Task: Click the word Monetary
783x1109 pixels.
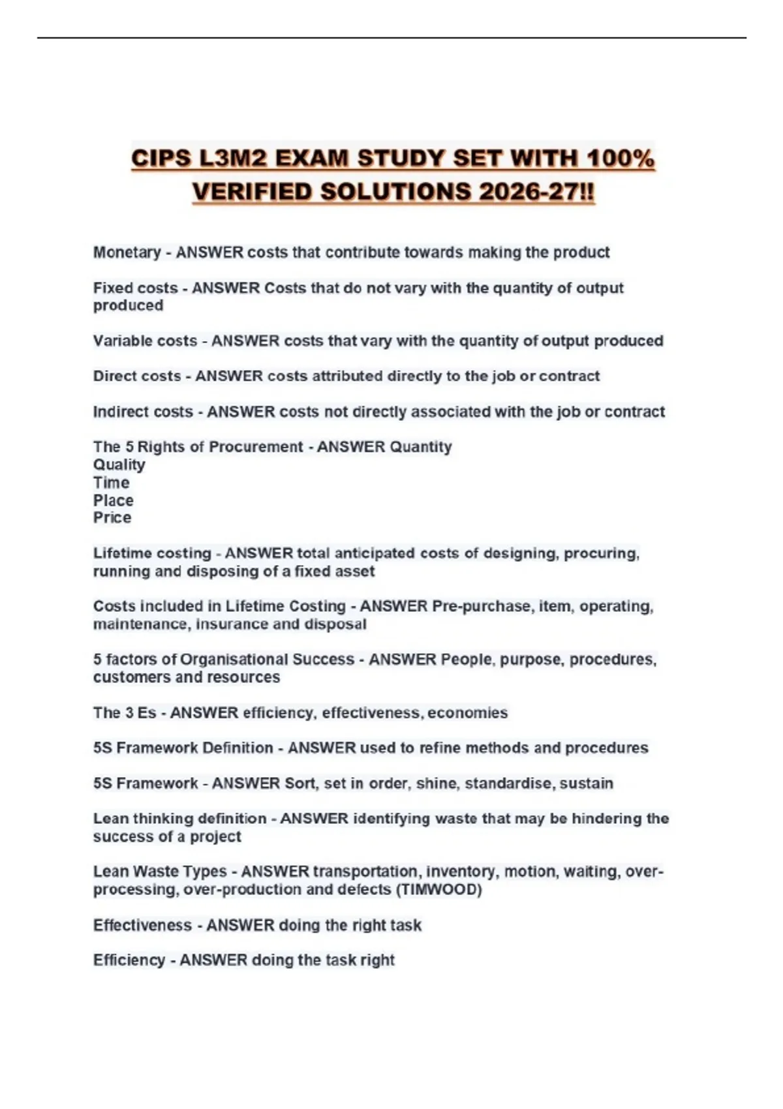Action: (127, 252)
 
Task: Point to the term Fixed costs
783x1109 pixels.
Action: (135, 288)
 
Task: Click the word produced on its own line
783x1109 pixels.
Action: (128, 305)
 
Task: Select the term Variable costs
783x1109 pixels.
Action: (145, 341)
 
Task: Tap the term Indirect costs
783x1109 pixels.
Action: (143, 412)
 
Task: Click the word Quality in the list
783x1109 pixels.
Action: (119, 464)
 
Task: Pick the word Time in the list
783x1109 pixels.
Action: (111, 483)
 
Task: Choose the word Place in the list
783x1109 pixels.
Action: (113, 500)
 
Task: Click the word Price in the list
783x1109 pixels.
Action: (112, 517)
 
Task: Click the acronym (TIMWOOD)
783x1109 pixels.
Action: (438, 889)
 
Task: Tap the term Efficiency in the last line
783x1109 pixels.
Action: (129, 960)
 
